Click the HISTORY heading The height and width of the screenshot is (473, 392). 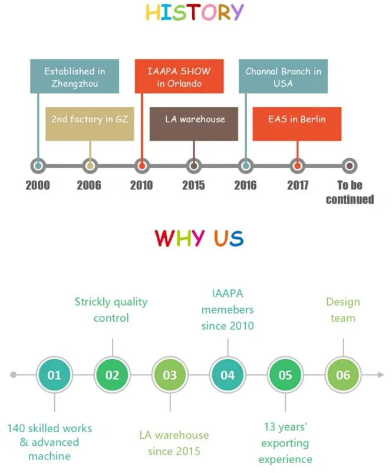[x=195, y=13]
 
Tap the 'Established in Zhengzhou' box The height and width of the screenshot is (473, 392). [x=75, y=77]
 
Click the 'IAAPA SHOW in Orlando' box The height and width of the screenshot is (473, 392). [x=179, y=77]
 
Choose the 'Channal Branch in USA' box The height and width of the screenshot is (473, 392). [x=283, y=77]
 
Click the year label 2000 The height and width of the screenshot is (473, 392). [x=38, y=185]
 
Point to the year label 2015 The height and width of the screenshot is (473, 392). [x=193, y=185]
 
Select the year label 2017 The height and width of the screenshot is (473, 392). [x=298, y=185]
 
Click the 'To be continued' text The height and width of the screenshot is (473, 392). [x=350, y=193]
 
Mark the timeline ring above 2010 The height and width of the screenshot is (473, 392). [x=141, y=165]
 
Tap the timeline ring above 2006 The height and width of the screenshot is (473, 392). [x=90, y=165]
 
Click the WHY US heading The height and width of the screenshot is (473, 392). [x=199, y=238]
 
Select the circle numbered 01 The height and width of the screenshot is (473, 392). [x=54, y=375]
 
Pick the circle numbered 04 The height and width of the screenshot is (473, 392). [x=228, y=375]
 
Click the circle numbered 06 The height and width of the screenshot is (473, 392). [x=343, y=375]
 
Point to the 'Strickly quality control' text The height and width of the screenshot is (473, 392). [x=111, y=309]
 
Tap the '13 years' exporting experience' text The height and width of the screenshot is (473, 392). [x=285, y=442]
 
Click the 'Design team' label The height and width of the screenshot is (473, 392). [x=342, y=309]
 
